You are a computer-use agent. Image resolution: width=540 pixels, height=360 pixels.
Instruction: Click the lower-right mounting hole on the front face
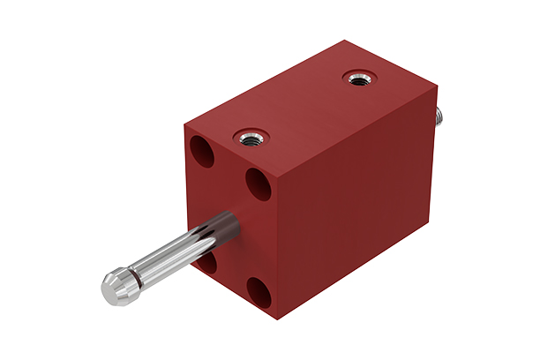click(x=259, y=289)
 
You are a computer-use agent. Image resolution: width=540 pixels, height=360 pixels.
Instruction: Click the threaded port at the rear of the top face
click(x=358, y=80)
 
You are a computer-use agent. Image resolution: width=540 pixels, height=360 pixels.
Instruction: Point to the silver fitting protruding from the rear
click(x=438, y=114)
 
